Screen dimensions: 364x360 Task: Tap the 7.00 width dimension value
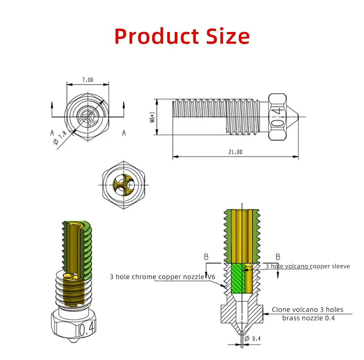87,79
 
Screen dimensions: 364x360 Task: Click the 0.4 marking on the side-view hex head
278,117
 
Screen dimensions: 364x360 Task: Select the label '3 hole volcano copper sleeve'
308,266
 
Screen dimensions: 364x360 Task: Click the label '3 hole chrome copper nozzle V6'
163,277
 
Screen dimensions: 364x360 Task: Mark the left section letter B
206,257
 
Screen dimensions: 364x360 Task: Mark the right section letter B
278,257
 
